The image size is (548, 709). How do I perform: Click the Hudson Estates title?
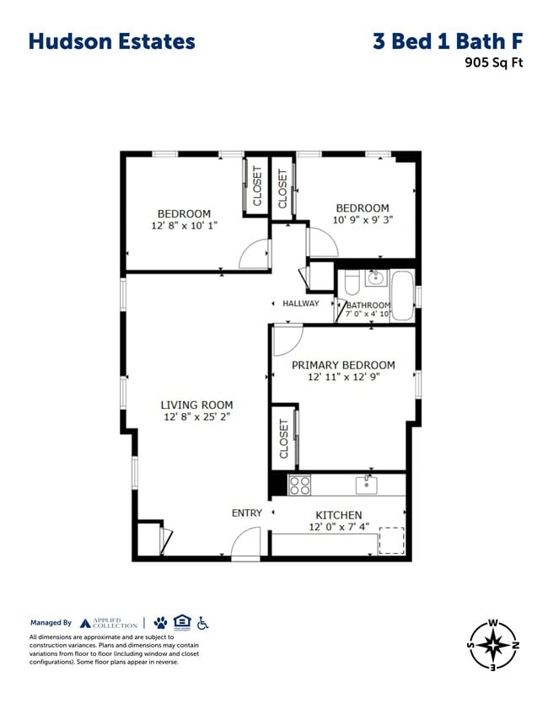tap(111, 41)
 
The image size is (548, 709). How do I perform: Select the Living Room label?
tap(197, 405)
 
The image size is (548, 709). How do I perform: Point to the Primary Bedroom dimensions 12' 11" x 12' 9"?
tap(342, 378)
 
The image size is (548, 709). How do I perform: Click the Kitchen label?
tap(338, 515)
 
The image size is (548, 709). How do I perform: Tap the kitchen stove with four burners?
tap(300, 485)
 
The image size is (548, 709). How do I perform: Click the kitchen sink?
tap(367, 484)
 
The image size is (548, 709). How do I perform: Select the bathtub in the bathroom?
tap(402, 294)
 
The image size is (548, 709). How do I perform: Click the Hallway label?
tap(301, 303)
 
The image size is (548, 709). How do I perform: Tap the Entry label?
tap(247, 513)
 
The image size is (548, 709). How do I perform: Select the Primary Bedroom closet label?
tap(283, 438)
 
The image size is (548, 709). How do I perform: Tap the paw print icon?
tap(160, 622)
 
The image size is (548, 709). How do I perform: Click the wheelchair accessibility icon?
tap(202, 622)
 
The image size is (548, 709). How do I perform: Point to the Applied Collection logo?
tap(109, 623)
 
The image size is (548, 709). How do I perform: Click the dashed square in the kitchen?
tap(391, 540)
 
